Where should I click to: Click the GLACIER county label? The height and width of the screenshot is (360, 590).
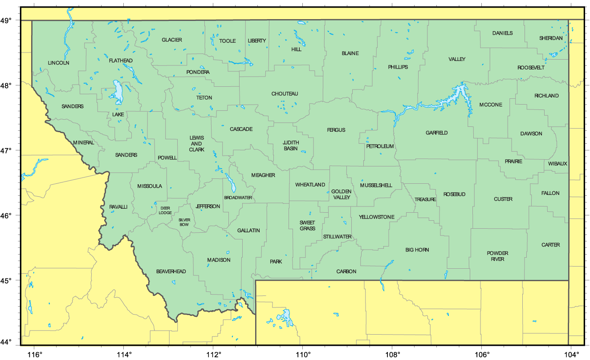(171, 40)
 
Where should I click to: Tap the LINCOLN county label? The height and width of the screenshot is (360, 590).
(59, 63)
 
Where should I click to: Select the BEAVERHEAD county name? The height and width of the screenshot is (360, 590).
(171, 271)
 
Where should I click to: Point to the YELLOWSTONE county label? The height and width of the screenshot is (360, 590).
(377, 217)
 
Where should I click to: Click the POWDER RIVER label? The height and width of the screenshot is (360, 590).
(497, 256)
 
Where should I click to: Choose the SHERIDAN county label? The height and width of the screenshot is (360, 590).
(551, 38)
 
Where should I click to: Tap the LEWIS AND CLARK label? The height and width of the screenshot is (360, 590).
(196, 144)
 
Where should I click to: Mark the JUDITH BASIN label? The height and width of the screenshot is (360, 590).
(291, 146)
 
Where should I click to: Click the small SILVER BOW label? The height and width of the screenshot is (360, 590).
(184, 222)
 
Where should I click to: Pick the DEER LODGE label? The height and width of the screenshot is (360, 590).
(165, 210)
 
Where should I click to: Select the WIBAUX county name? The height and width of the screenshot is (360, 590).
(558, 164)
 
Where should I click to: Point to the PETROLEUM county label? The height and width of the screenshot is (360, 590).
(380, 146)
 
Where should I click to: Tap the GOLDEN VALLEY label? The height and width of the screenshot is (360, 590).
(341, 194)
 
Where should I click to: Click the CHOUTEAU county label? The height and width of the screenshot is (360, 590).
(285, 94)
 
